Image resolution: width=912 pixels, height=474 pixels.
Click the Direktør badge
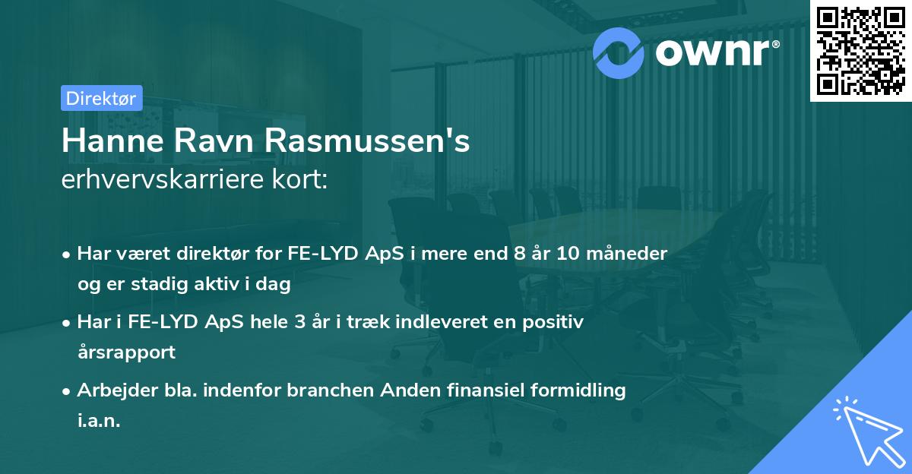click(101, 98)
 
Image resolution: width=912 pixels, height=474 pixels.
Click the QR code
click(860, 51)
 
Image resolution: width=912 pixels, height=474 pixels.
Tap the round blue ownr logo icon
click(618, 53)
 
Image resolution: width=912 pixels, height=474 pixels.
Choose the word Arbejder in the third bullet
click(110, 390)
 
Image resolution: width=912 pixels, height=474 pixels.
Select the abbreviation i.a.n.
click(99, 421)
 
